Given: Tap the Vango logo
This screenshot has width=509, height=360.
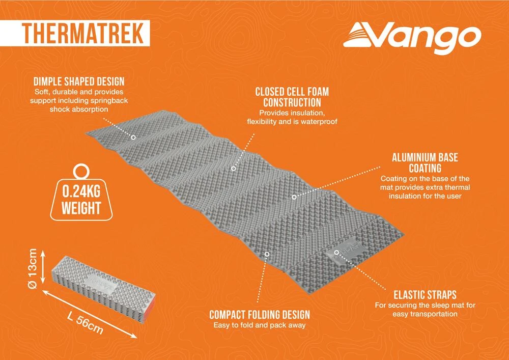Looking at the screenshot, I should [x=412, y=38].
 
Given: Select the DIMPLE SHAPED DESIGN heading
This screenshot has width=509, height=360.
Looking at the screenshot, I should [x=79, y=81].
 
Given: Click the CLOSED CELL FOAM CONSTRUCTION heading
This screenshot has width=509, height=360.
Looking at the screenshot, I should [x=292, y=97].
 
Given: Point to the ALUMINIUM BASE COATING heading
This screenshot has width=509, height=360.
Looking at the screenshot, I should [x=425, y=162].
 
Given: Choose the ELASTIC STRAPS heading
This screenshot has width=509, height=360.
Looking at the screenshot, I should [x=425, y=295].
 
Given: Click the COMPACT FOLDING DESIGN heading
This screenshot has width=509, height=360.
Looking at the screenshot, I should [x=260, y=315].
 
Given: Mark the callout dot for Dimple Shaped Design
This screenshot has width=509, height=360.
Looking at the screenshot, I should [x=133, y=137].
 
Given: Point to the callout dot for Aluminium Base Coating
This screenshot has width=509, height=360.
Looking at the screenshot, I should [x=294, y=196].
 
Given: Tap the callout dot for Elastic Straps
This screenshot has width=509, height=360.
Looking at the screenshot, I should [x=337, y=252].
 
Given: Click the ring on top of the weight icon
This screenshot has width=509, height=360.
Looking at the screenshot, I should [x=80, y=172].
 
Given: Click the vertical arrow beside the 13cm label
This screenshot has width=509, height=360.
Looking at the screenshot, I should [x=44, y=267].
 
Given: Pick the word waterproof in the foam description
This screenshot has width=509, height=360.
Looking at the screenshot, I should [x=319, y=122].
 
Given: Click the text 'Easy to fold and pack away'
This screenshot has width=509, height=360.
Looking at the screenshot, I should [x=260, y=325].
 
